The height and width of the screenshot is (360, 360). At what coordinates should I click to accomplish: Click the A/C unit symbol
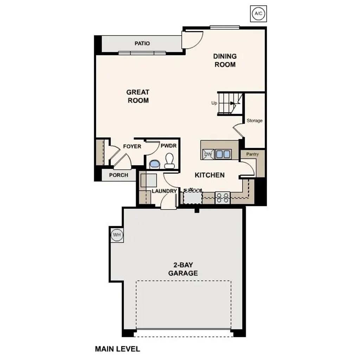[x=258, y=13]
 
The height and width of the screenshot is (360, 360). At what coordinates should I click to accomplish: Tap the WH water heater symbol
[x=117, y=234]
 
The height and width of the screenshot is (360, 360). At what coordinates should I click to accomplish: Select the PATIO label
[x=142, y=44]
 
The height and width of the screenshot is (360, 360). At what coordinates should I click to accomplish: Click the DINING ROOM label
[x=225, y=60]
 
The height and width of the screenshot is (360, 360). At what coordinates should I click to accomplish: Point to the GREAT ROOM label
[x=138, y=96]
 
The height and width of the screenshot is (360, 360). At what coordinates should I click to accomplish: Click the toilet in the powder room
[x=169, y=161]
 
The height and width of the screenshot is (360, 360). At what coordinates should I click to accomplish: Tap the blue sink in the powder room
[x=154, y=164]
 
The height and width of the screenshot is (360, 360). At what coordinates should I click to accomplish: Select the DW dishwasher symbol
[x=208, y=154]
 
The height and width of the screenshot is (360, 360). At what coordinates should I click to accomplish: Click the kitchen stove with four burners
[x=223, y=198]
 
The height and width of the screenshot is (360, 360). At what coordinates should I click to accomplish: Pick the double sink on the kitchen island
[x=223, y=154]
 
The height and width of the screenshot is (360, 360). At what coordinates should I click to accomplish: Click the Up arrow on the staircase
[x=232, y=103]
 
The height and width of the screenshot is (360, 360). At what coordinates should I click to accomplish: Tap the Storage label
[x=254, y=121]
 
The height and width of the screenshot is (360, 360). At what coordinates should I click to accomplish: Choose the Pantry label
[x=252, y=154]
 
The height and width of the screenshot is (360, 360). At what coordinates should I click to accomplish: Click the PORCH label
[x=118, y=175]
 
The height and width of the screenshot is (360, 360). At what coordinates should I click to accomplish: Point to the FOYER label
[x=132, y=146]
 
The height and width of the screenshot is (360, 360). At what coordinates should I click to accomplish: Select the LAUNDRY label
[x=164, y=191]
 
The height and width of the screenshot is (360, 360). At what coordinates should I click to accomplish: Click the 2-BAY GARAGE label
[x=183, y=269]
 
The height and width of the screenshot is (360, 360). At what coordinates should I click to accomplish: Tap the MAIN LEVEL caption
[x=117, y=349]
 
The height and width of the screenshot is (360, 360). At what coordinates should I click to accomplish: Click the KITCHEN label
[x=210, y=175]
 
